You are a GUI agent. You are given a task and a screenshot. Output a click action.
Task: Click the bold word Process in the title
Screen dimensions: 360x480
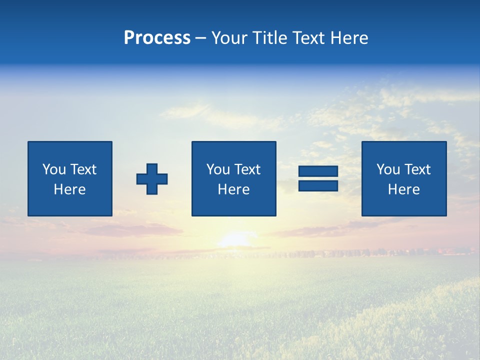click(157, 38)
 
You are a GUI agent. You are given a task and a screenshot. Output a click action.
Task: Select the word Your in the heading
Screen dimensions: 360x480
click(230, 38)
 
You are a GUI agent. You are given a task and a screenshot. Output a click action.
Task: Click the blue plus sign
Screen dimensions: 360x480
click(152, 179)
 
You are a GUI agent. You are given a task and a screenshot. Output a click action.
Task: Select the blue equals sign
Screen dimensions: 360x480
click(318, 178)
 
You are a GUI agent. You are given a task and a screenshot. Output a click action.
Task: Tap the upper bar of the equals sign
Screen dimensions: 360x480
click(318, 171)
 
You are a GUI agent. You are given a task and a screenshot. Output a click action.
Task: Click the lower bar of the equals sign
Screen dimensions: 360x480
click(318, 185)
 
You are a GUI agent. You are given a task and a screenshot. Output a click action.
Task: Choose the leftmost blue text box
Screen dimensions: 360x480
click(70, 178)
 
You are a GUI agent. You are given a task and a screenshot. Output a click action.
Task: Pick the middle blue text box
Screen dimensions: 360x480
click(233, 178)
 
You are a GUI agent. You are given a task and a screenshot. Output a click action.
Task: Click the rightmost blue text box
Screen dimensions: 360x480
click(404, 178)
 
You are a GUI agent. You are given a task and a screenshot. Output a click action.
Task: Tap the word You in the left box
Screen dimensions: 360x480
click(54, 169)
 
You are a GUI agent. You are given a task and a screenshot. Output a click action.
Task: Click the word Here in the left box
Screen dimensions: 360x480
click(70, 189)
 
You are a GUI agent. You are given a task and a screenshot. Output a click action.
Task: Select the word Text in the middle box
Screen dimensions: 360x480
click(247, 169)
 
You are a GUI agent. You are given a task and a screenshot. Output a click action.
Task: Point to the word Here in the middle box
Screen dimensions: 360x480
click(233, 189)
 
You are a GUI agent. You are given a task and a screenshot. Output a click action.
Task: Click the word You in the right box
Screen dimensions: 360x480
click(388, 169)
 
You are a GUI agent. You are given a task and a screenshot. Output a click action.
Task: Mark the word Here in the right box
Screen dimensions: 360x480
click(404, 189)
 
